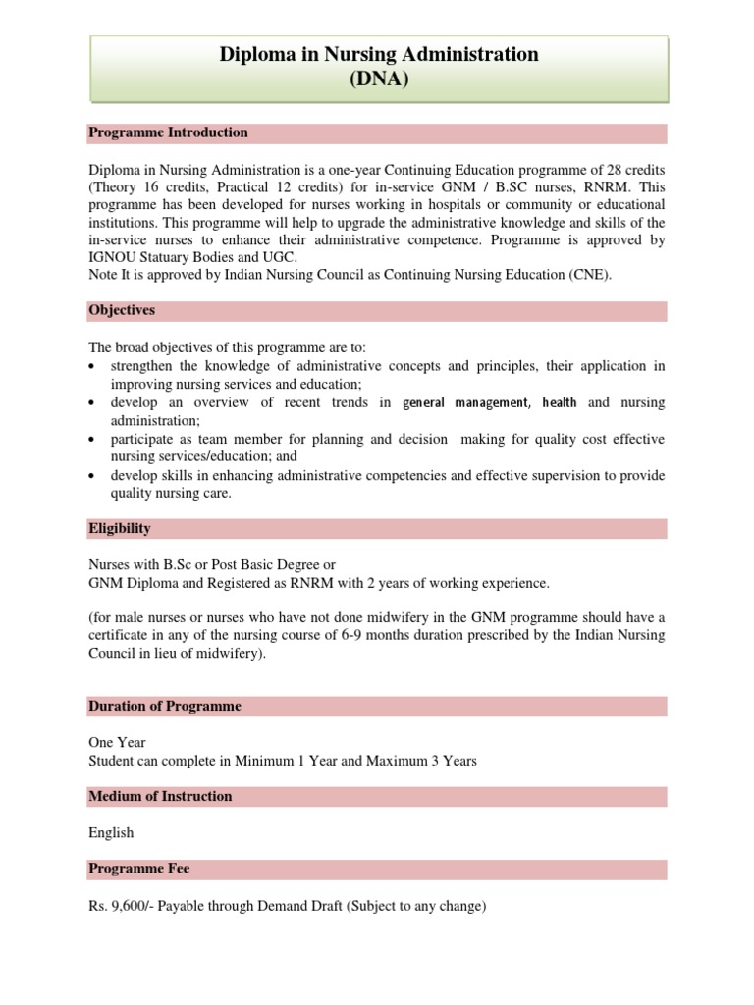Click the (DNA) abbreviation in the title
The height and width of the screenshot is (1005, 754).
378,79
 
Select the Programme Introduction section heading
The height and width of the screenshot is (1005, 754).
168,132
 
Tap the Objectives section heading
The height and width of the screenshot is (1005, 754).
122,310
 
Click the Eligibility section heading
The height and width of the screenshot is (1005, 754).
120,528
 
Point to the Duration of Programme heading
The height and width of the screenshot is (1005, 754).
164,706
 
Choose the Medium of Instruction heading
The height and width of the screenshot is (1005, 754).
160,796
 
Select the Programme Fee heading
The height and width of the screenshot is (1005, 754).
138,869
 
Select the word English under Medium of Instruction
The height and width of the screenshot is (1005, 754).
111,832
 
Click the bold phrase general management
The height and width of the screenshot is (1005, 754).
465,402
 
